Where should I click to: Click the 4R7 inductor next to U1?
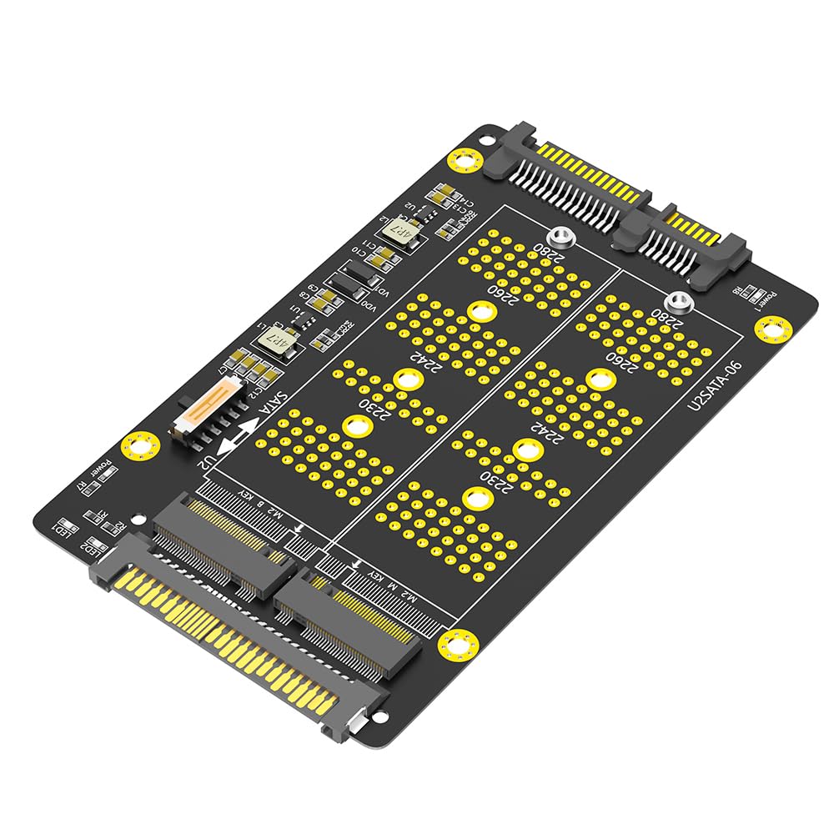(x=274, y=341)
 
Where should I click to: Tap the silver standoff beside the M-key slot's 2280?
(x=676, y=303)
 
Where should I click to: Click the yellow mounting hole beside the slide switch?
(x=138, y=445)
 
